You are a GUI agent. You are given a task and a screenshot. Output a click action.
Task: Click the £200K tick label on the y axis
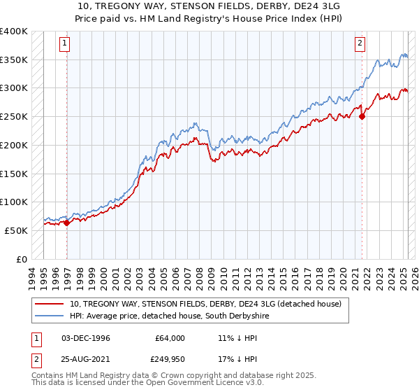pos(13,145)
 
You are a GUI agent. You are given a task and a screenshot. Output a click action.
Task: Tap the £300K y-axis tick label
pos(13,88)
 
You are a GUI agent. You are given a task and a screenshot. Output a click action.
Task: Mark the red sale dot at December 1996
pos(67,223)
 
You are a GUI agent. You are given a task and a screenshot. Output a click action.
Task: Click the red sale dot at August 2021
pos(362,117)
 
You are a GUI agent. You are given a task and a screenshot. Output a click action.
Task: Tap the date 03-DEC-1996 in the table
pos(86,338)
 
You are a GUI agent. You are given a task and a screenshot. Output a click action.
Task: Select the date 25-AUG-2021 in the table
pos(87,359)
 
